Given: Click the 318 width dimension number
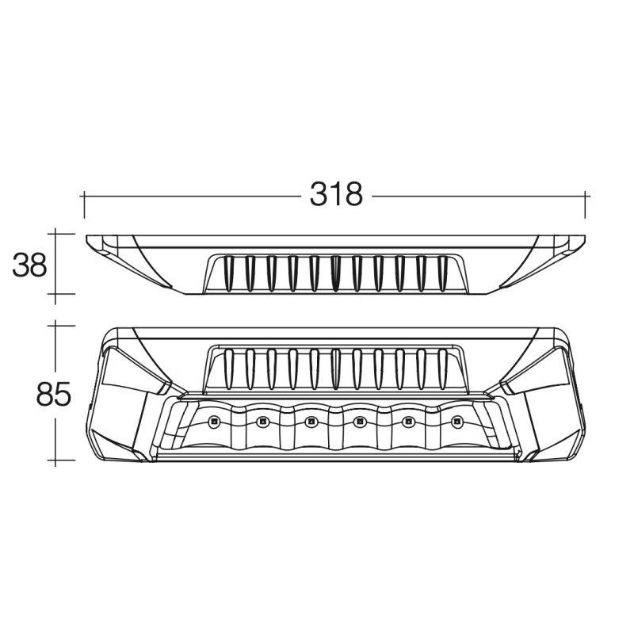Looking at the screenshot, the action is pos(336,195).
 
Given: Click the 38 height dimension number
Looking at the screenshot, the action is pos(29,265).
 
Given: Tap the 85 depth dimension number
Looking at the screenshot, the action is pos(53,394).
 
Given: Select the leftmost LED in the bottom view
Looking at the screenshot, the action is pos(214,422).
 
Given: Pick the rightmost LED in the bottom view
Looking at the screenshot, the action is pos(457,422).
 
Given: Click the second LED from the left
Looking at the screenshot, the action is pos(262,422).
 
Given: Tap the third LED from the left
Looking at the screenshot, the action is pos(311,422).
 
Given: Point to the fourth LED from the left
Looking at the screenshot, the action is pos(360,422).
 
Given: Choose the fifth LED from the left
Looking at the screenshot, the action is pos(408,422).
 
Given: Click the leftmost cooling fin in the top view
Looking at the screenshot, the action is pos(229,273).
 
